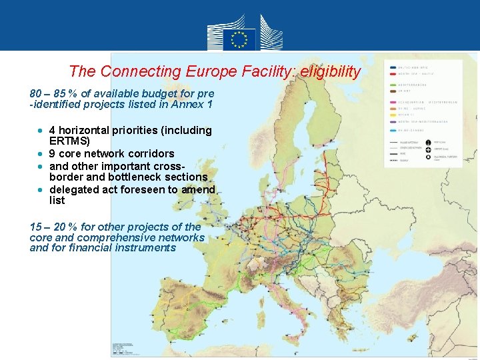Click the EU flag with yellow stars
(239, 39)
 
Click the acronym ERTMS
(69, 141)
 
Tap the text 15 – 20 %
(53, 227)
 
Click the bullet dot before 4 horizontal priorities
(41, 130)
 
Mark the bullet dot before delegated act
(41, 189)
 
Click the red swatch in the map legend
(392, 84)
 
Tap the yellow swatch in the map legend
(392, 114)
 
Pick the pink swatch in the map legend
(392, 103)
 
